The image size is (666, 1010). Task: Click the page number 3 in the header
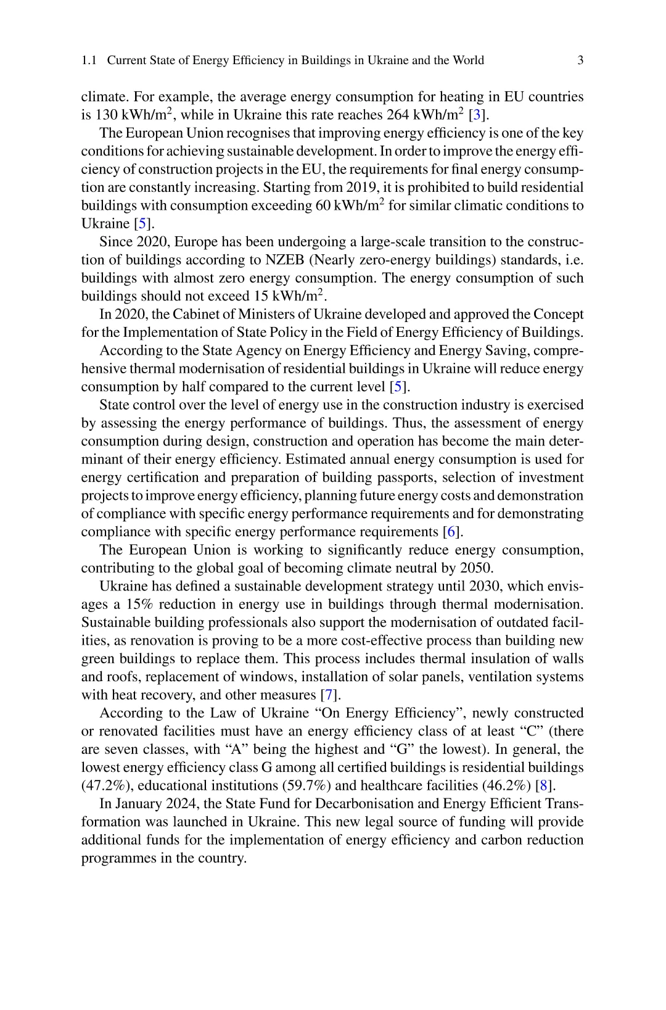tap(580, 60)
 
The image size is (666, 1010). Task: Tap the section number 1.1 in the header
tap(89, 60)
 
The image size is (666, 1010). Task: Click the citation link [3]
tap(477, 115)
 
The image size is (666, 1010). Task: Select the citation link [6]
tap(453, 532)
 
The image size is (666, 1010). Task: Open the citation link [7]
tap(331, 695)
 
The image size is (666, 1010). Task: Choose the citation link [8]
tap(544, 786)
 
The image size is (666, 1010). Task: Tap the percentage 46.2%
tap(506, 786)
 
